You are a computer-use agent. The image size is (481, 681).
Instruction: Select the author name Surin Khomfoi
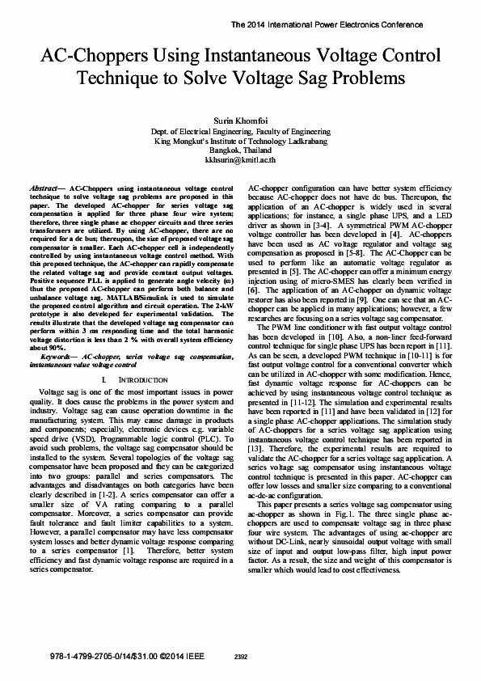(240, 120)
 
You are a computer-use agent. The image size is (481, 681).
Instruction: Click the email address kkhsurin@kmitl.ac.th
(240, 161)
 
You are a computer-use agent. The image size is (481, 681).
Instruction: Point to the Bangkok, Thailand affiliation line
(240, 150)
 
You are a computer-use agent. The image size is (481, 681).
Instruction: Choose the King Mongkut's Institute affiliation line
(240, 141)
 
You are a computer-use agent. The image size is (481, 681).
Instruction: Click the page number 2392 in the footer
(240, 657)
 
